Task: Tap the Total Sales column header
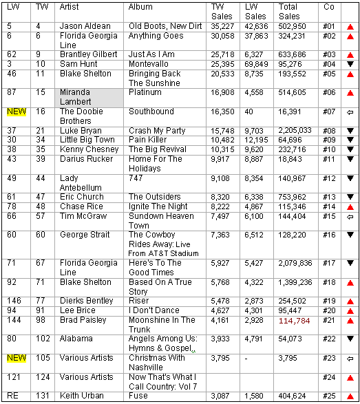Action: pyautogui.click(x=289, y=11)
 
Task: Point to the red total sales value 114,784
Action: pyautogui.click(x=295, y=321)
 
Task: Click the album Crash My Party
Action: pyautogui.click(x=157, y=130)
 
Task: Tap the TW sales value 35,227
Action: pyautogui.click(x=224, y=26)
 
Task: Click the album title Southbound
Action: pyautogui.click(x=151, y=111)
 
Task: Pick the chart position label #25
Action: pyautogui.click(x=328, y=396)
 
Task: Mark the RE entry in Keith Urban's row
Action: pyautogui.click(x=12, y=396)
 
